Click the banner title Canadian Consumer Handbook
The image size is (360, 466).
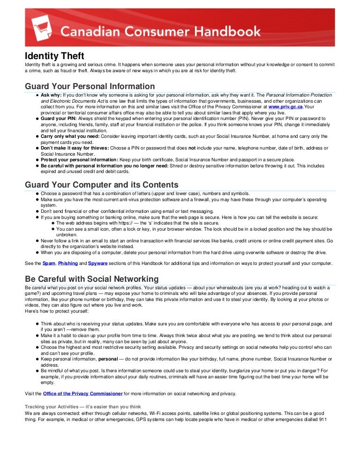[160, 32]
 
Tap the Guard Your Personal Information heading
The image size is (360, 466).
[90, 86]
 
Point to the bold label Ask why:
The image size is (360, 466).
[51, 95]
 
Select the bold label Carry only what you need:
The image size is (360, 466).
[70, 136]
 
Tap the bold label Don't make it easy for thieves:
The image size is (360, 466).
[75, 148]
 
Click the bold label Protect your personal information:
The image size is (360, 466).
[79, 160]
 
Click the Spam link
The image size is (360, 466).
[48, 263]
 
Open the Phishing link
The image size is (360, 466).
[68, 263]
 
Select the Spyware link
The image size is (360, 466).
[97, 263]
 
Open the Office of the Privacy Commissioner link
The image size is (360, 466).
[82, 393]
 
